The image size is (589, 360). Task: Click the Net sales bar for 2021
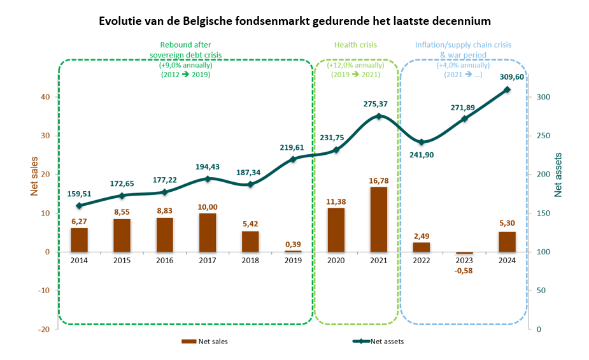(379, 219)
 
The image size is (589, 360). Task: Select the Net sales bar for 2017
(208, 233)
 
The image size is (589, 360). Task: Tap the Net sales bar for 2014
(79, 240)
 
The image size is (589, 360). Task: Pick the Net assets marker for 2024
(507, 90)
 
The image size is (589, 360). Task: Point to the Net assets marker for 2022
(422, 142)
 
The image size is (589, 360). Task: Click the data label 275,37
(380, 103)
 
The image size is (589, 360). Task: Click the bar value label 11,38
(336, 201)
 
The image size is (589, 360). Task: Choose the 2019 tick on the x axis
(293, 260)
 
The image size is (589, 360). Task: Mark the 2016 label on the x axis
(165, 260)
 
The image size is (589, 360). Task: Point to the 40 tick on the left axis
(46, 97)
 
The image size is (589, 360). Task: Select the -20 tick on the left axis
(45, 329)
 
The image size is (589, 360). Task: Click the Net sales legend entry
(204, 342)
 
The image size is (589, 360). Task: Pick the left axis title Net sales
(34, 176)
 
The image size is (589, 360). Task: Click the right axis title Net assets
(559, 174)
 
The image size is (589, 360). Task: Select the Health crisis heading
(356, 45)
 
